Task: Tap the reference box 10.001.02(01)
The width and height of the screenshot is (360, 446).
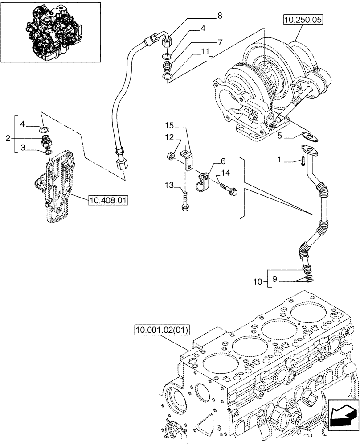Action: (x=162, y=330)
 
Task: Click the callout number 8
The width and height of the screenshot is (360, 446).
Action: (x=219, y=17)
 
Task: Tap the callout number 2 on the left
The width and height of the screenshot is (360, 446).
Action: (x=8, y=139)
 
